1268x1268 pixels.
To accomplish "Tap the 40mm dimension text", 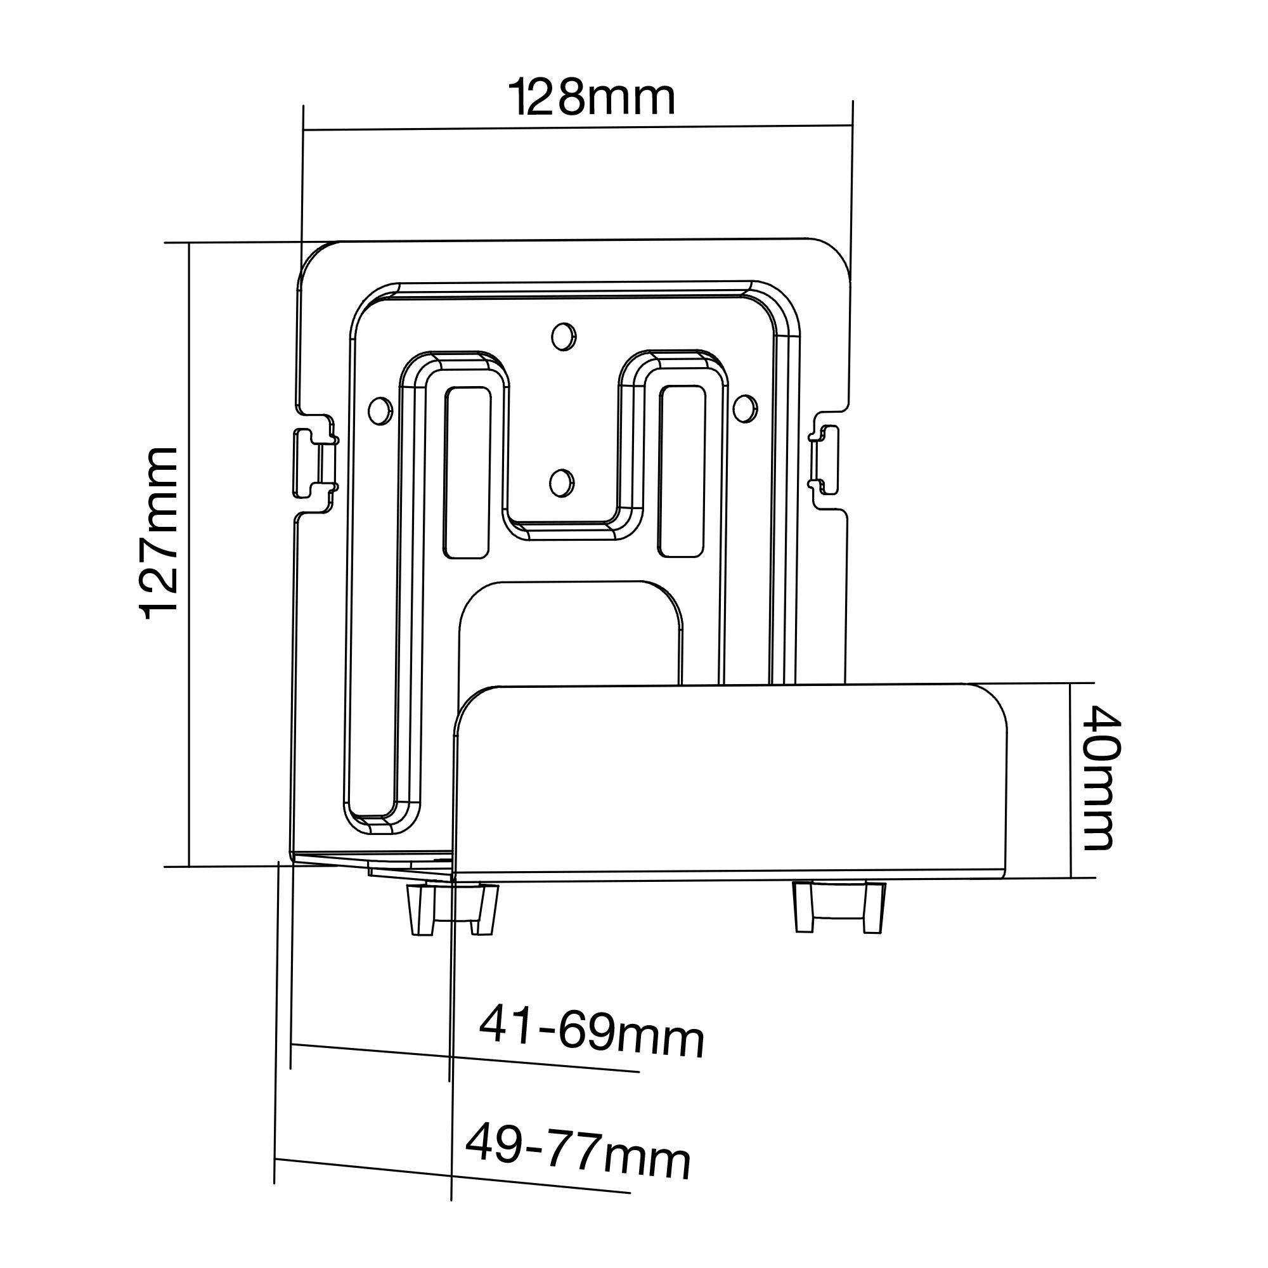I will tap(1101, 779).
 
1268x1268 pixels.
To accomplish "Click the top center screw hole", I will tap(563, 337).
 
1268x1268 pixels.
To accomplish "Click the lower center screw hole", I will tap(561, 484).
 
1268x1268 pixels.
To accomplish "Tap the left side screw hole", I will tap(379, 411).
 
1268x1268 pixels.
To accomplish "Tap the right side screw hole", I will tap(745, 408).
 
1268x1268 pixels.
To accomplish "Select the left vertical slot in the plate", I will tap(467, 472).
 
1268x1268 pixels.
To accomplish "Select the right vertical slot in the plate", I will tap(683, 471).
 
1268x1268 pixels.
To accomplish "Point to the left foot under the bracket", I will tap(453, 909).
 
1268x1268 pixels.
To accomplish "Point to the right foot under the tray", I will tap(839, 907).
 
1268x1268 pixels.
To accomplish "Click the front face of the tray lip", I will tap(728, 781).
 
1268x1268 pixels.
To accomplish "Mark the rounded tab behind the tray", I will tap(570, 630).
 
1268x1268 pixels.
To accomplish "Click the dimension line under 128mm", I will tap(578, 127).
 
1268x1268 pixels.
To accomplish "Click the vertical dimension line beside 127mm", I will tap(189, 555).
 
